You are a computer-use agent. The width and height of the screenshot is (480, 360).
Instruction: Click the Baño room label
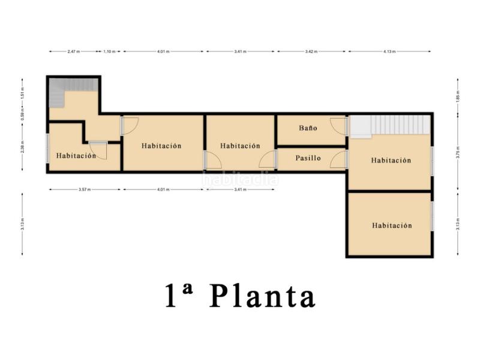(x=308, y=128)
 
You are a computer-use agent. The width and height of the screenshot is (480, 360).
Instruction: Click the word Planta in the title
(x=263, y=296)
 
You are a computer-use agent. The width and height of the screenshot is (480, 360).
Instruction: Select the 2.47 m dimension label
(x=74, y=52)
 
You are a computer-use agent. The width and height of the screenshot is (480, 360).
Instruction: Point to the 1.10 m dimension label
(x=109, y=52)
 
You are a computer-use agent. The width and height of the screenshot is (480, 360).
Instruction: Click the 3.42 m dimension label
(x=311, y=52)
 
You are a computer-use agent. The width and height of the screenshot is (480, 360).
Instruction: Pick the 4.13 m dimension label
(x=389, y=52)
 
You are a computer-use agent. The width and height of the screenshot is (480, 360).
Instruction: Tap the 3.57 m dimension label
(x=84, y=190)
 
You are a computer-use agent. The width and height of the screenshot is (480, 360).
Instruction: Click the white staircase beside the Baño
(x=393, y=125)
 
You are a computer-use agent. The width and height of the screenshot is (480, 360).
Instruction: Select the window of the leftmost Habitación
(x=47, y=147)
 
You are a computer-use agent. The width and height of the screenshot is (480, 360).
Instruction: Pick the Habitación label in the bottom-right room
(x=392, y=226)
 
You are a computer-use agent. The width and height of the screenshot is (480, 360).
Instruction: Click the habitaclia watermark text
(x=240, y=179)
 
